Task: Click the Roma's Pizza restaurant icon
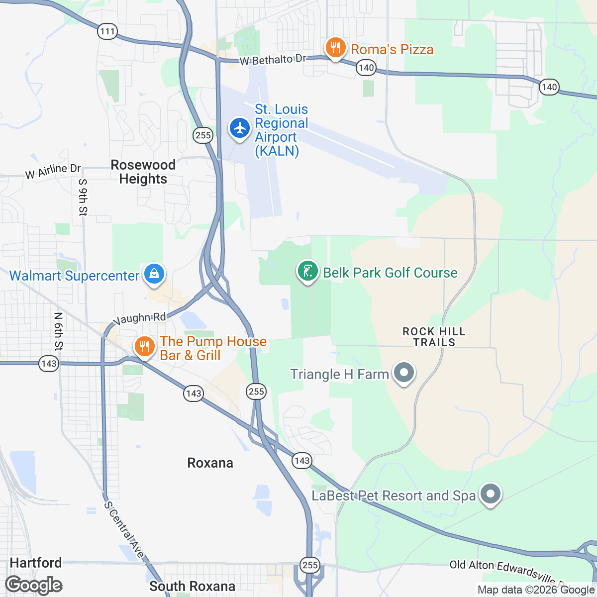[x=335, y=48]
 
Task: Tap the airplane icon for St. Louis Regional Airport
[x=240, y=128]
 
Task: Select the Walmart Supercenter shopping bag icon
[x=154, y=274]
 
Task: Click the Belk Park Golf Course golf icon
[x=308, y=271]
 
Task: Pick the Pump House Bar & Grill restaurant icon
[x=144, y=346]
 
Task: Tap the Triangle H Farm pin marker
[x=404, y=372]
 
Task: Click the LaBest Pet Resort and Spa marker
[x=491, y=494]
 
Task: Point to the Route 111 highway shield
[x=107, y=32]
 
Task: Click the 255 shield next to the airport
[x=203, y=135]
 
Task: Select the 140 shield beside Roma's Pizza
[x=366, y=68]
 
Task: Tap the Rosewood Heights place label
[x=143, y=172]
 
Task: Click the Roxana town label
[x=210, y=463]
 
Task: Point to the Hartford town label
[x=36, y=563]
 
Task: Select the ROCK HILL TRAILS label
[x=434, y=337]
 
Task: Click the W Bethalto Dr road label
[x=273, y=60]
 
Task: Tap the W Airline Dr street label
[x=53, y=171]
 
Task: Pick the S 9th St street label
[x=83, y=198]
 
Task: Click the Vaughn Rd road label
[x=139, y=318]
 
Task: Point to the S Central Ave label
[x=124, y=530]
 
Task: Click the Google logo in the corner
[x=34, y=585]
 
